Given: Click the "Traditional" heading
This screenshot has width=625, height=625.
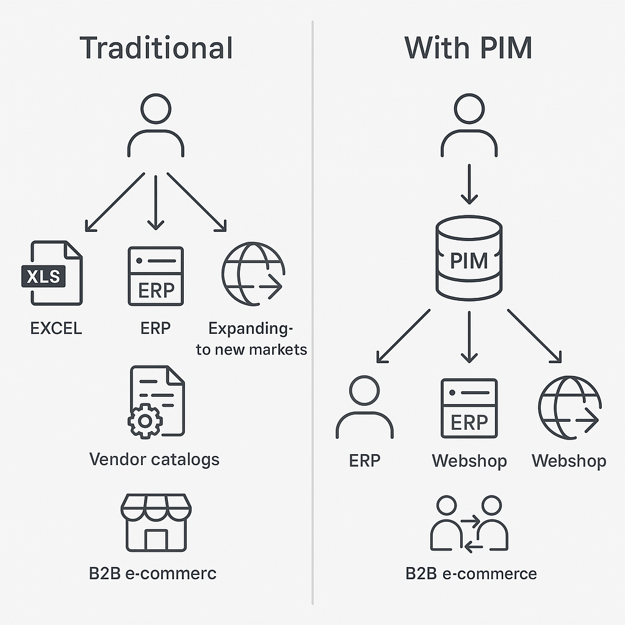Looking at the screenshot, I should pyautogui.click(x=156, y=49).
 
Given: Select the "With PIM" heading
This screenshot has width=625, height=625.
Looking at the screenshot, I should pyautogui.click(x=468, y=49).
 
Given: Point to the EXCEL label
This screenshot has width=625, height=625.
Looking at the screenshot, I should pyautogui.click(x=56, y=328).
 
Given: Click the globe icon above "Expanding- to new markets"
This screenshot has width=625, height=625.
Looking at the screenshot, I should pyautogui.click(x=253, y=274).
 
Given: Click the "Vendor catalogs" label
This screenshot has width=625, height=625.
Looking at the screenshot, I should pyautogui.click(x=154, y=459).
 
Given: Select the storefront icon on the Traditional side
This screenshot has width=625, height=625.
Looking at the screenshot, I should pyautogui.click(x=156, y=522).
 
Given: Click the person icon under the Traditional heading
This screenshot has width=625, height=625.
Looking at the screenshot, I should pyautogui.click(x=156, y=125).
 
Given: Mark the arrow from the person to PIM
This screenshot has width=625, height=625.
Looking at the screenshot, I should pyautogui.click(x=469, y=183).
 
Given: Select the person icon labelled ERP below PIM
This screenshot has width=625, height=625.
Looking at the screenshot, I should pyautogui.click(x=364, y=408).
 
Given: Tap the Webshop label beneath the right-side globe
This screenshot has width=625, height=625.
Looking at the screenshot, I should pyautogui.click(x=569, y=461).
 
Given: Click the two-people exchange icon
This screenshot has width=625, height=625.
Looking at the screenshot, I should pyautogui.click(x=469, y=524).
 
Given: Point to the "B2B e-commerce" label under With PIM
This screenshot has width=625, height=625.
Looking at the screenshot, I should pyautogui.click(x=471, y=574).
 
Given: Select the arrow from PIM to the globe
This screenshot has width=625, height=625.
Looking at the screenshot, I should pyautogui.click(x=534, y=336).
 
